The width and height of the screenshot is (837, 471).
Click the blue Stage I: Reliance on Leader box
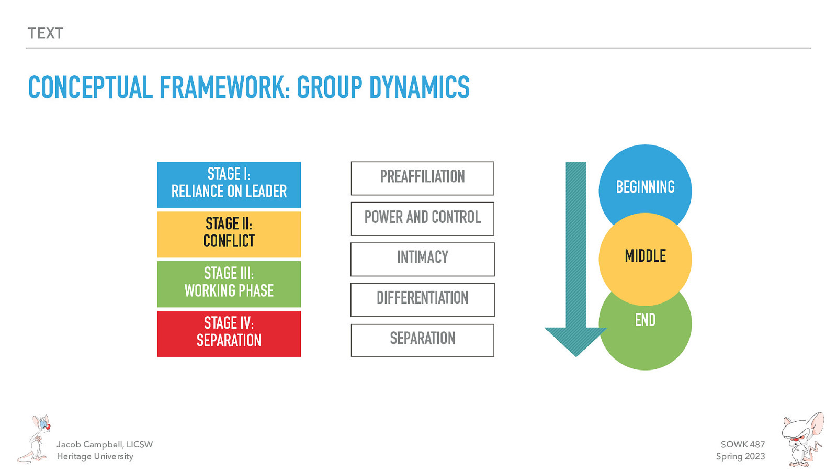coord(229,184)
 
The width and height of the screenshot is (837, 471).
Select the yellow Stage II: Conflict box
coord(229,234)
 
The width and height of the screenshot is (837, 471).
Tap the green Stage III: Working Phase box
coord(229,284)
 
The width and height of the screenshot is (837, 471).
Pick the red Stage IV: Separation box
coord(229,333)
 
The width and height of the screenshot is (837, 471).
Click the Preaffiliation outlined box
coord(422,178)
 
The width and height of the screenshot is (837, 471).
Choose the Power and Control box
coord(422,218)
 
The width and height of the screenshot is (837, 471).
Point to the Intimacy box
coord(422,259)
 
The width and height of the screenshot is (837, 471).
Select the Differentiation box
coord(422,299)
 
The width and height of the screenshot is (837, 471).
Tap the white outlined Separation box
coord(422,340)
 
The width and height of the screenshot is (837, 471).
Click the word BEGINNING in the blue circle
coord(645,187)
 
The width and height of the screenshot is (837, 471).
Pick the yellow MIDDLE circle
coord(645,259)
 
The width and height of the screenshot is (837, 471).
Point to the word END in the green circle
coord(645,320)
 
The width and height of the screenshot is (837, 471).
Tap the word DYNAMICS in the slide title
coord(419,87)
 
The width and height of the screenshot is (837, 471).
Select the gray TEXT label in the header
coord(46,33)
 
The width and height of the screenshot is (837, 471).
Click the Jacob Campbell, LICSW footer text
coord(105,444)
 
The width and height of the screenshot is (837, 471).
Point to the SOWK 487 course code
coord(742,444)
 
